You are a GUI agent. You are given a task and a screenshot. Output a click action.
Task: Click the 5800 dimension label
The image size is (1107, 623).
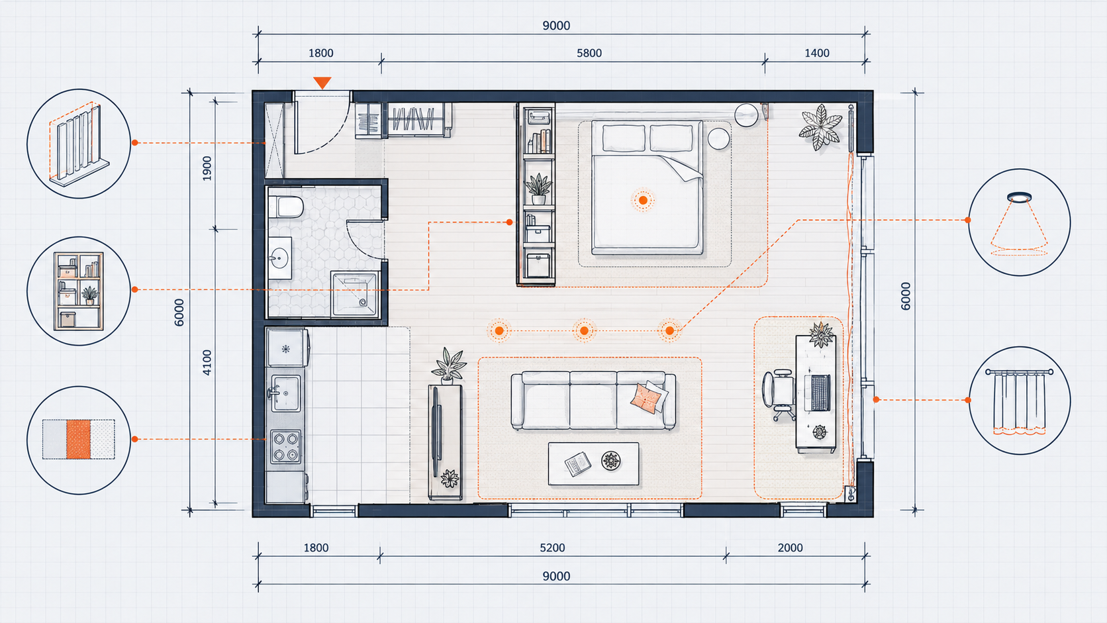click(x=589, y=53)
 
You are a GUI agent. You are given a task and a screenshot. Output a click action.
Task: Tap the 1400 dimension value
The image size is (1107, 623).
click(x=817, y=53)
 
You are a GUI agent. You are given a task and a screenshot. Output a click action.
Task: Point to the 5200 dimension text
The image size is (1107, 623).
click(x=552, y=548)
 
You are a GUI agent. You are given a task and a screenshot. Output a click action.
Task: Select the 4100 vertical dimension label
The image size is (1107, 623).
click(x=207, y=362)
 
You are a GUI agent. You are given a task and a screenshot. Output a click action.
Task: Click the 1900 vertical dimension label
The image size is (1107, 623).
click(x=207, y=168)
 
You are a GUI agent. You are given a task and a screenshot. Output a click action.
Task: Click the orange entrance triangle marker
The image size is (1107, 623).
click(x=322, y=83)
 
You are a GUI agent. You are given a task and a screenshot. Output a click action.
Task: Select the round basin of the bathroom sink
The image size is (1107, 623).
click(x=279, y=258)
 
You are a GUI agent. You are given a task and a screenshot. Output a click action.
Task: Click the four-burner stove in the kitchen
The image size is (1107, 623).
click(x=285, y=447)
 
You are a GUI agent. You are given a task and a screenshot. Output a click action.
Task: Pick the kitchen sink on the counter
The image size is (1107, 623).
click(x=285, y=393)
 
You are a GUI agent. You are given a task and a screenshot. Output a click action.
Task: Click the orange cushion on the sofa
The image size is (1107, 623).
click(x=646, y=398)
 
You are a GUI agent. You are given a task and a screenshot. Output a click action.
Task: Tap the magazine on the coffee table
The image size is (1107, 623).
click(x=578, y=464)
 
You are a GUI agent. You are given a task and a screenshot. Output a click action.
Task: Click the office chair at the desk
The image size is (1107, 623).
click(x=779, y=395)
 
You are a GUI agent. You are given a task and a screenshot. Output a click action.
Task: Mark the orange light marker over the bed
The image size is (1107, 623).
click(x=643, y=200)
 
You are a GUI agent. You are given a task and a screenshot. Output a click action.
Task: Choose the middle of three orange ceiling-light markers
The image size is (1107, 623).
click(x=584, y=330)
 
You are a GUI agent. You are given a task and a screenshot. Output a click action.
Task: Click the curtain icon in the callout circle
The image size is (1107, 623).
click(x=1019, y=401)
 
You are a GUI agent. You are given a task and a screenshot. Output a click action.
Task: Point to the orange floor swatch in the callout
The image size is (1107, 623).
click(x=79, y=439)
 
